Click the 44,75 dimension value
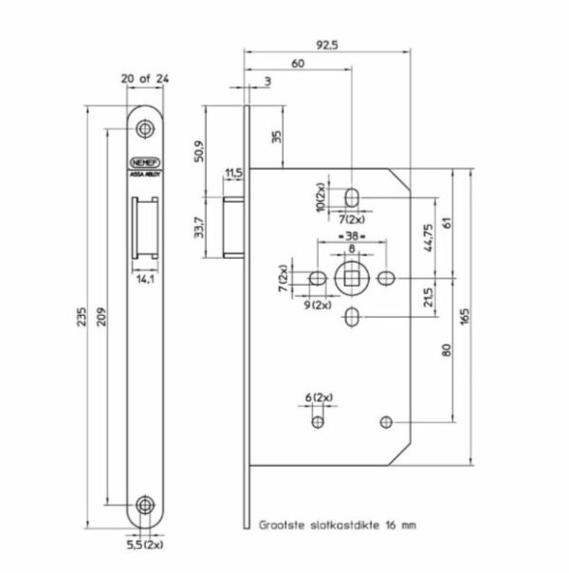click(428, 239)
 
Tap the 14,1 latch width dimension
click(144, 280)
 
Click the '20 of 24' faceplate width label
click(144, 80)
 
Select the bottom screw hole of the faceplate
click(144, 503)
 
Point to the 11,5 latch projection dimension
click(233, 173)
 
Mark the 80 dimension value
click(446, 349)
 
